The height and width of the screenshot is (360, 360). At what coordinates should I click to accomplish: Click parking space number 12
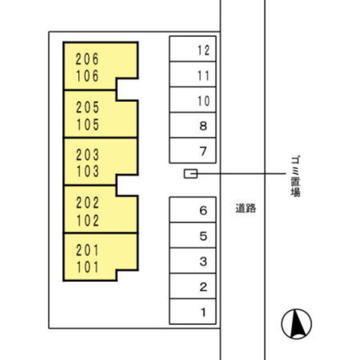click(192, 49)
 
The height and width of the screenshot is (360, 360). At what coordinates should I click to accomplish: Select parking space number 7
click(192, 151)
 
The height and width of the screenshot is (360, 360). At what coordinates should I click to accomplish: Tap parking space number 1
click(192, 312)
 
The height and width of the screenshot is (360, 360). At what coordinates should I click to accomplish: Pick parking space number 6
click(192, 210)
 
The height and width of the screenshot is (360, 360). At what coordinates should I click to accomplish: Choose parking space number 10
click(192, 100)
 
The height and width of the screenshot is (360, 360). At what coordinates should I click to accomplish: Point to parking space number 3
click(192, 261)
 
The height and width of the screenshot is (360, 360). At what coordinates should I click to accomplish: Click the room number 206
click(87, 59)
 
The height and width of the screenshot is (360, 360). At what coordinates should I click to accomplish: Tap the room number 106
click(87, 76)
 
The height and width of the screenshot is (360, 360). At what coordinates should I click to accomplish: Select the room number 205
click(88, 107)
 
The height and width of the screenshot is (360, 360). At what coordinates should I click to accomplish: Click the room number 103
click(88, 171)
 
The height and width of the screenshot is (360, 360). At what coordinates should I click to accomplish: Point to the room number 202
click(88, 202)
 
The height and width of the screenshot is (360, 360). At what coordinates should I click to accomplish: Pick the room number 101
click(88, 267)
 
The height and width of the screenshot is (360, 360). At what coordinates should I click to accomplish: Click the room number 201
click(88, 250)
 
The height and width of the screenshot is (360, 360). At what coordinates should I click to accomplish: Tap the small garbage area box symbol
click(191, 174)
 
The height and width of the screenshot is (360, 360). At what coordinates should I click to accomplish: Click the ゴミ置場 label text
click(295, 176)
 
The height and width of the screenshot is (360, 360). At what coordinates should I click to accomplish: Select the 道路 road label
click(246, 209)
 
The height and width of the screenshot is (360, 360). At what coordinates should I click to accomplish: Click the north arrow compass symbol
click(296, 324)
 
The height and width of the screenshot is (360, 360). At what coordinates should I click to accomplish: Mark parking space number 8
click(192, 125)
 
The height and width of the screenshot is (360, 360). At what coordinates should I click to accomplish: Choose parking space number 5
click(192, 235)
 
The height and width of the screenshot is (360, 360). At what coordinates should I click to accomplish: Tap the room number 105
click(88, 125)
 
